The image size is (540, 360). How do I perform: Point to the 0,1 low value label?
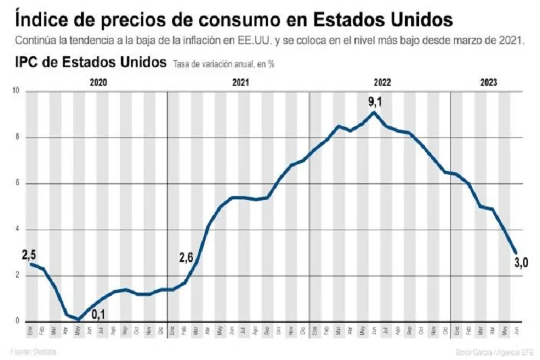tap(99, 313)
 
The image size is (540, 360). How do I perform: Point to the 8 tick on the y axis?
tap(18, 138)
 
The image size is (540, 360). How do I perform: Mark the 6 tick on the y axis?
tap(18, 184)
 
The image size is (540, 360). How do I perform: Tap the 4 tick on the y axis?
tap(18, 230)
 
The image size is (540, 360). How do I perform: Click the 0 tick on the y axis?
tap(18, 322)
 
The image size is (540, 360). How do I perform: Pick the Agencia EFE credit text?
tap(507, 351)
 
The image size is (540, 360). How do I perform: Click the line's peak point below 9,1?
tap(375, 112)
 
